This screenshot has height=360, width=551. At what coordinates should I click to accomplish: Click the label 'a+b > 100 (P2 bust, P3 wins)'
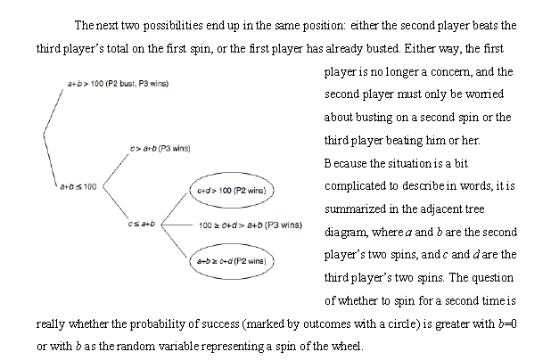(119, 83)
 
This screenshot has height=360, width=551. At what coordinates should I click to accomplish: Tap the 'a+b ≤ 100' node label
(78, 186)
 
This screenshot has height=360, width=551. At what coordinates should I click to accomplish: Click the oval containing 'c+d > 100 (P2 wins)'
(232, 190)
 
